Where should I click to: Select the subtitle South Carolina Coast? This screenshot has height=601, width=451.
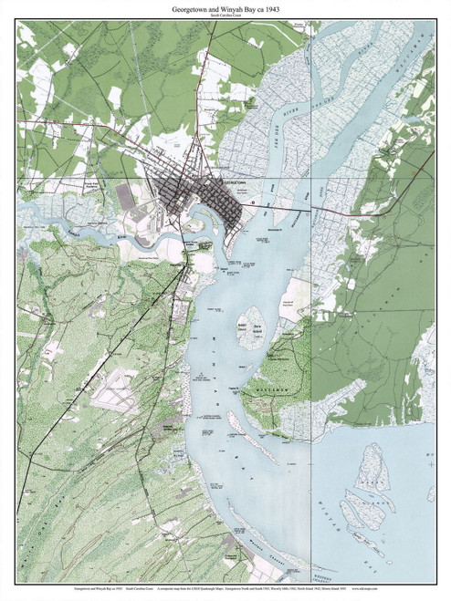[x=225, y=16]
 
